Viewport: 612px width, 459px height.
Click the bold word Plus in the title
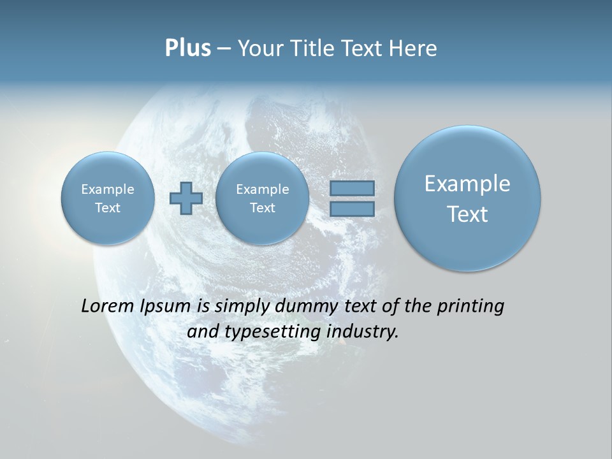[x=187, y=48]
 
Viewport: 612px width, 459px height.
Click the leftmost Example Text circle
[x=107, y=198]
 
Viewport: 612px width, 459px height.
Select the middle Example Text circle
[x=262, y=198]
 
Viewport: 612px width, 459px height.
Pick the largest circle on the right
[x=467, y=198]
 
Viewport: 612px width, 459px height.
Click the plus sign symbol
[x=186, y=198]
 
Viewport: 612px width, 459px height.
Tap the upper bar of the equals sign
[x=352, y=188]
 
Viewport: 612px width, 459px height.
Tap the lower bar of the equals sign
[x=352, y=208]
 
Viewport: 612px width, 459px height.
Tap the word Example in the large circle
[x=467, y=184]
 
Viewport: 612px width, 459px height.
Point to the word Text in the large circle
[x=467, y=214]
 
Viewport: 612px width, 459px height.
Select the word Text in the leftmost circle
[x=107, y=208]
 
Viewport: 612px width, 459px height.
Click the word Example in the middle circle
[x=262, y=189]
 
